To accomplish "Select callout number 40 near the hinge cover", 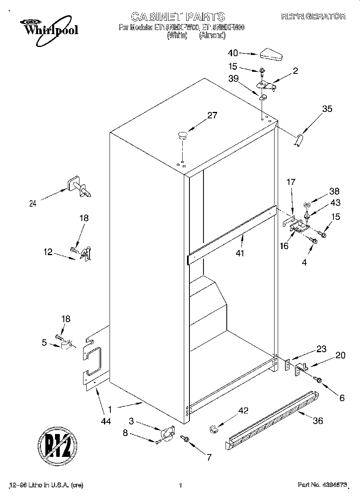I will pos(233,53).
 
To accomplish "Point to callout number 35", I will pos(327,108).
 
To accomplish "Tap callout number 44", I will pos(106,421).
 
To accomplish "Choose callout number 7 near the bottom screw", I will pos(209,456).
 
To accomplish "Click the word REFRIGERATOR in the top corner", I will pos(313,16).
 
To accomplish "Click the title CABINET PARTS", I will pos(178,16).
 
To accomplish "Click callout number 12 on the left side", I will pos(48,252).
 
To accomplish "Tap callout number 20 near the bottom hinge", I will pos(340,355).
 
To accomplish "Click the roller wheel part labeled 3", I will pos(166,434).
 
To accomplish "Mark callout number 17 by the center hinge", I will pos(291,182).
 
